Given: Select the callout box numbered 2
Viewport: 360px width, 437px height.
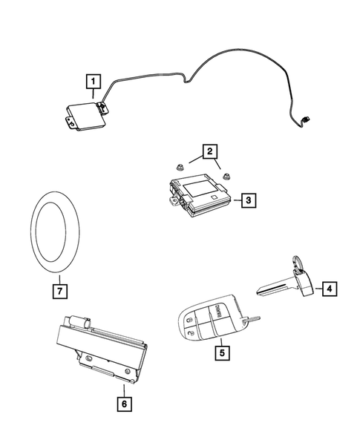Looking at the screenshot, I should [212, 154].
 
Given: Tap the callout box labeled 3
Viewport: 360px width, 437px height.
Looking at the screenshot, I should [249, 200].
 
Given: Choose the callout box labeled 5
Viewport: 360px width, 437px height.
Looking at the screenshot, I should [220, 353].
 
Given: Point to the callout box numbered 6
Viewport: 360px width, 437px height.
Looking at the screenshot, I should [122, 404].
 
